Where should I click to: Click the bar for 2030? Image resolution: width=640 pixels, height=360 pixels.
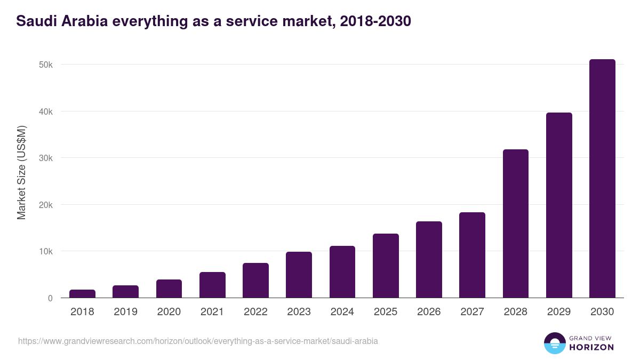coord(602,179)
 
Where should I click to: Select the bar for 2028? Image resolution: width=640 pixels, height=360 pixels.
coord(516,223)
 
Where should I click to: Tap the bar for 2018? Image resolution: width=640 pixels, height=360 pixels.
coord(82,294)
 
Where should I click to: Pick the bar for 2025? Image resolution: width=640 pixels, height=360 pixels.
coord(386,266)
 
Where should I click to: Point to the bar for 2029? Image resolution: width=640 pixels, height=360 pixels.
coord(559,205)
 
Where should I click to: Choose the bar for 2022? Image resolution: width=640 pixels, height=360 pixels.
coord(255,281)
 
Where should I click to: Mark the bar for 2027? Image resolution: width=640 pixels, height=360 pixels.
coord(472,255)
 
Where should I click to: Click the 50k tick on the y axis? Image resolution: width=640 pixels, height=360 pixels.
coord(45,65)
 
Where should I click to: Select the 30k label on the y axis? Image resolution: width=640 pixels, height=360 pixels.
coord(45,158)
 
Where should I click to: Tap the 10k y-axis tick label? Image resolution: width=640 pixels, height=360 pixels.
coord(45,251)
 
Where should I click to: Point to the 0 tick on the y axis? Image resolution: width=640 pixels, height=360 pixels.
coord(50,298)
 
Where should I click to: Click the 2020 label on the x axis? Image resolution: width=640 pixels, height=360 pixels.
coord(169,312)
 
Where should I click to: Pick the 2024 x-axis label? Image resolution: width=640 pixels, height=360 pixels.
coord(342,312)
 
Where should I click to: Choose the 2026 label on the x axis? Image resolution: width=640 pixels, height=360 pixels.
coord(429,312)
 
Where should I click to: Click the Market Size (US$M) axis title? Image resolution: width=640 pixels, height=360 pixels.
coord(21,172)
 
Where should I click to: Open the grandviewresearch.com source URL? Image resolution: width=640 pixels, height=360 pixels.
coord(198,341)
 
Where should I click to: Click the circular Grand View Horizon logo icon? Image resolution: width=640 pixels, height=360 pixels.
coord(555,343)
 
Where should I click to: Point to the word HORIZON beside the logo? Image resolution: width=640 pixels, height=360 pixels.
coord(591,347)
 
